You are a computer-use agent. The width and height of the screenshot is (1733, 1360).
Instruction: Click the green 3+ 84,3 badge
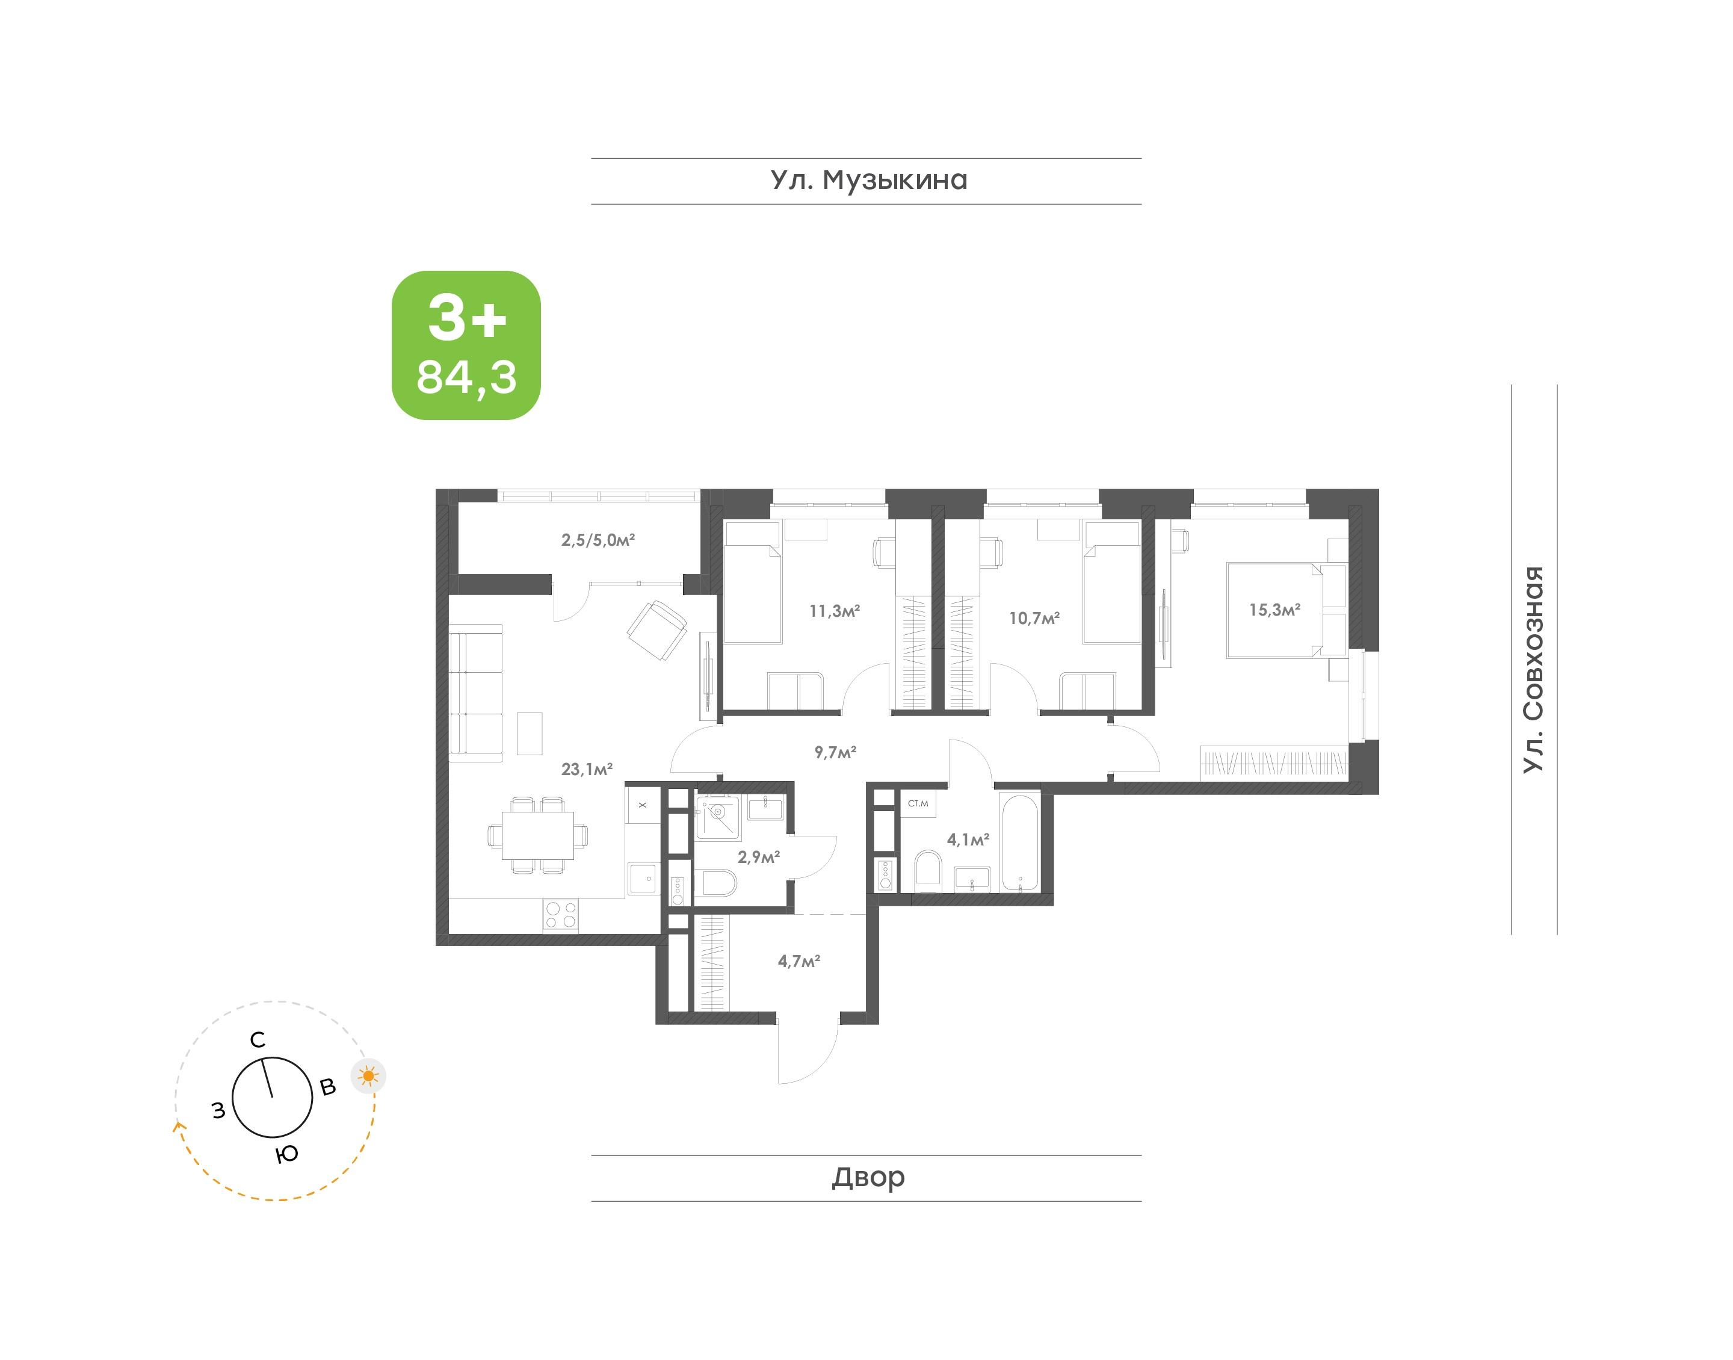pyautogui.click(x=466, y=345)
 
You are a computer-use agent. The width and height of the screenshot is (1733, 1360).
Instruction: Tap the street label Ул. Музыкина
pyautogui.click(x=868, y=181)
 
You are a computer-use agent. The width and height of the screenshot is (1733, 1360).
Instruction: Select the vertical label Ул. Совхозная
pyautogui.click(x=1533, y=669)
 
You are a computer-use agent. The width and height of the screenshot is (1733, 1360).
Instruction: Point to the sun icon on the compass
pyautogui.click(x=368, y=1077)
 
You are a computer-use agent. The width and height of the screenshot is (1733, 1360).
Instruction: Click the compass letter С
pyautogui.click(x=257, y=1040)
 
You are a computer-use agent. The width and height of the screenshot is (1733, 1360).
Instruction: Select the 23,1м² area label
pyautogui.click(x=587, y=769)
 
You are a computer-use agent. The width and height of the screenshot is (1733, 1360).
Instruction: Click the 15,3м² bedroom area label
pyautogui.click(x=1274, y=610)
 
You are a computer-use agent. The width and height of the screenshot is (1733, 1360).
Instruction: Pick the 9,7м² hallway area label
pyautogui.click(x=835, y=752)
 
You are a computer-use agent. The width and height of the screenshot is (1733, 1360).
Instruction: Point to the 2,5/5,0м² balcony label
pyautogui.click(x=598, y=540)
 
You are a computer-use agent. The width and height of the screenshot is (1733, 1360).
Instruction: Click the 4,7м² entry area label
pyautogui.click(x=799, y=961)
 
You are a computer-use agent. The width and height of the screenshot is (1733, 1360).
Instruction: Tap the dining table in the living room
pyautogui.click(x=537, y=835)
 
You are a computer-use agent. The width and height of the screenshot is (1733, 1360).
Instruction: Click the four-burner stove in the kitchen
pyautogui.click(x=560, y=915)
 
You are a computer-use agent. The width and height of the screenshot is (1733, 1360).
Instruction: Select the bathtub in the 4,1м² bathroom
pyautogui.click(x=1020, y=841)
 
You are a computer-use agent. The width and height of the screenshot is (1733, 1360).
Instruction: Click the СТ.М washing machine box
pyautogui.click(x=917, y=803)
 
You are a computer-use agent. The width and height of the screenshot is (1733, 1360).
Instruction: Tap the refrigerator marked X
pyautogui.click(x=643, y=805)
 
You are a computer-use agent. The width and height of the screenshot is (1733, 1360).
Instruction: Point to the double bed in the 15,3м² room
pyautogui.click(x=1275, y=610)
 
